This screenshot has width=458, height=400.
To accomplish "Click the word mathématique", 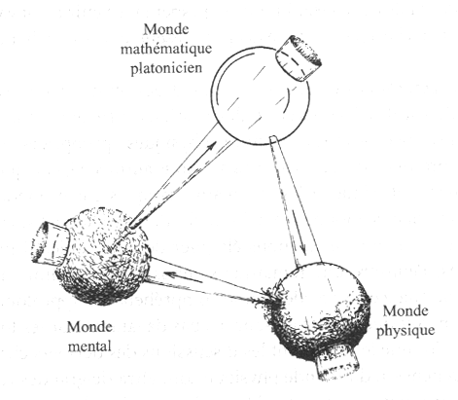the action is pos(166,49).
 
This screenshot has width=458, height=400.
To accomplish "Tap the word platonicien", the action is pos(166,68).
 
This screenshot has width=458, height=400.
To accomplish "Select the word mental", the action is pos(89,346).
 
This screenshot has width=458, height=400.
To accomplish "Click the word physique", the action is pos(405,331).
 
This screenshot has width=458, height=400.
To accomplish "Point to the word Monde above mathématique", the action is pos(166,29).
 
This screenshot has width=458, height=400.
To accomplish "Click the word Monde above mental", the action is pos(89,327).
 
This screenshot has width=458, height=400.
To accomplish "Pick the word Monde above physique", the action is pos(405,311).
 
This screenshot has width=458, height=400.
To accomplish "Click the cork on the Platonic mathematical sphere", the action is pos(299,57).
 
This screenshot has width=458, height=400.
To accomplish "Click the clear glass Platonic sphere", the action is pos(261,95).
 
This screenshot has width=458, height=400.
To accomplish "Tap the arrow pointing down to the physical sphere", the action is pos(299,232).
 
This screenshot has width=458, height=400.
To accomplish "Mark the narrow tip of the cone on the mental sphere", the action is pos(130,226).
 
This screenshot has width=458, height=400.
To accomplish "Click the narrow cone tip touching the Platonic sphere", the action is pos(272,139).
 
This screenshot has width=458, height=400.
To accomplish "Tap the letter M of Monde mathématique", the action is pos(150,29).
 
